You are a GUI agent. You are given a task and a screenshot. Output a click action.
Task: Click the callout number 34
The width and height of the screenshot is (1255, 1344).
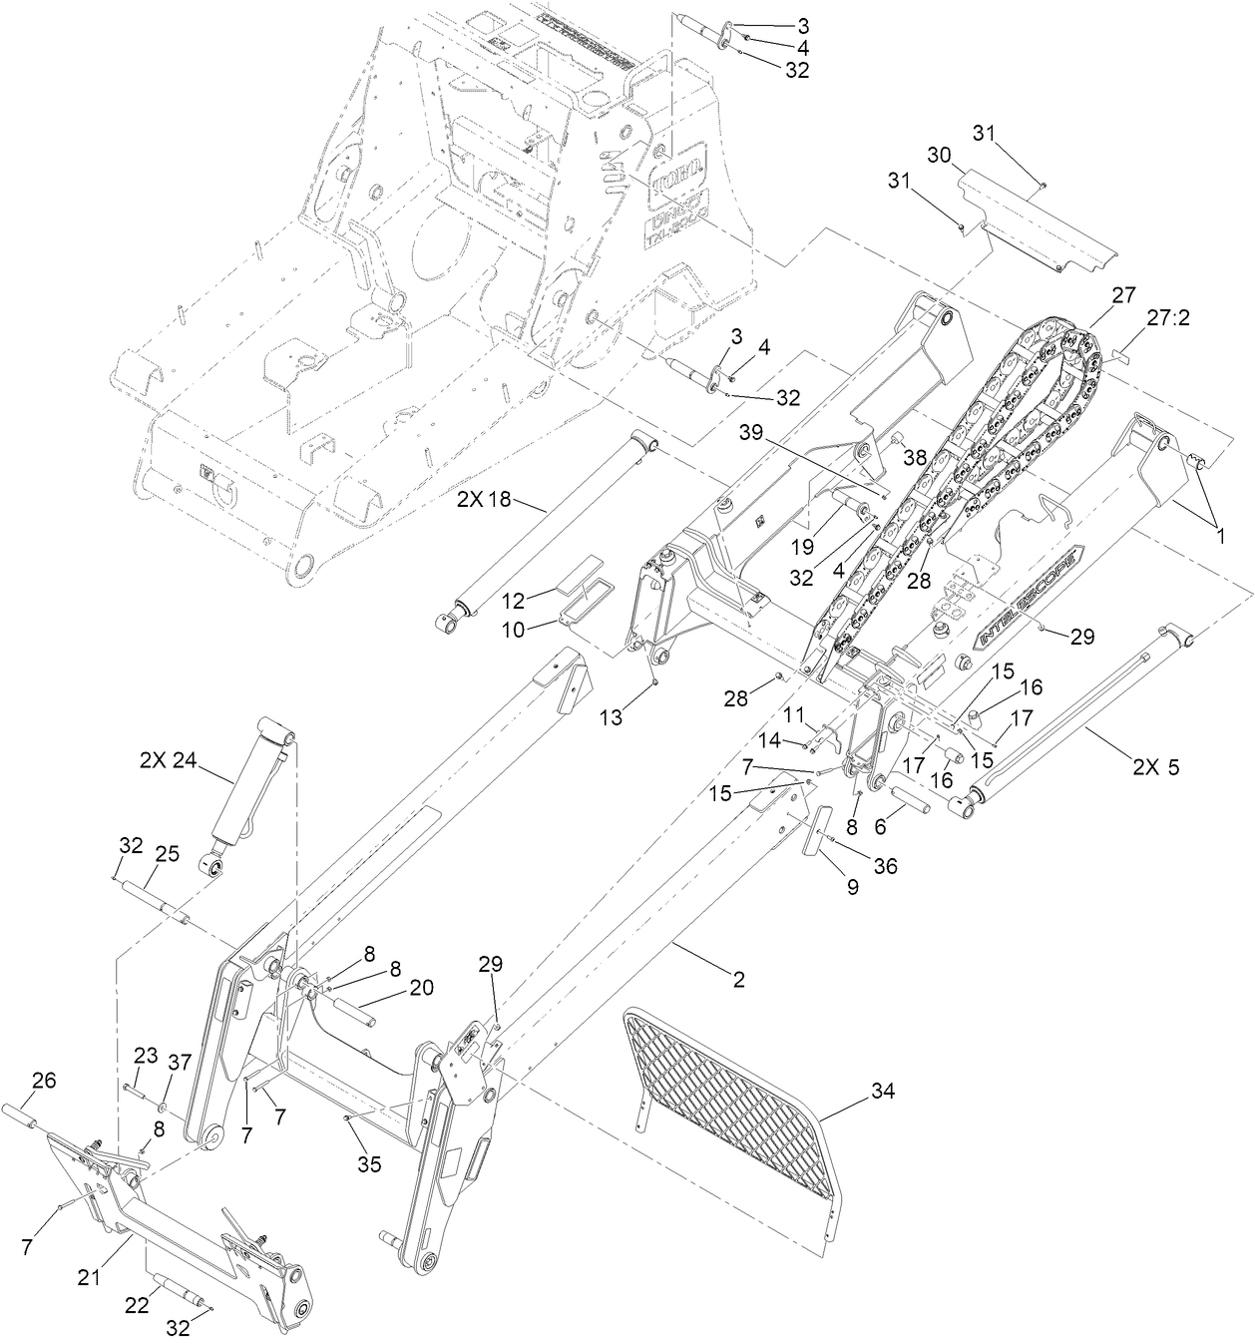[881, 1092]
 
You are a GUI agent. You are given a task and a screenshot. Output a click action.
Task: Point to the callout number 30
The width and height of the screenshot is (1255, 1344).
[940, 156]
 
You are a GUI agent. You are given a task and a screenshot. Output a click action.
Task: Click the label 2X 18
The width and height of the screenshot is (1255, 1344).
[484, 500]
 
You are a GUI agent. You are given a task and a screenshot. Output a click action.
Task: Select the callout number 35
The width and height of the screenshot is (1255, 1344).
[369, 1163]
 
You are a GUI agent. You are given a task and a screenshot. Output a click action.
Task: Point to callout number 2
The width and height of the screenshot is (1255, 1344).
[739, 980]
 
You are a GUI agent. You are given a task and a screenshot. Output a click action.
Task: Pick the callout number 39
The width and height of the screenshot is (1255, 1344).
[751, 431]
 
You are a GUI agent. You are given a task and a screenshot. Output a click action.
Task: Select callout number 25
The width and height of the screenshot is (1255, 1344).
[167, 854]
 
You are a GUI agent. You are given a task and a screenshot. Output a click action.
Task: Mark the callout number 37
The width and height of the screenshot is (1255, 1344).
[179, 1063]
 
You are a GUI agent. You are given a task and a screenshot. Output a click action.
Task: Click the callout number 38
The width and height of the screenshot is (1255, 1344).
[914, 457]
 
